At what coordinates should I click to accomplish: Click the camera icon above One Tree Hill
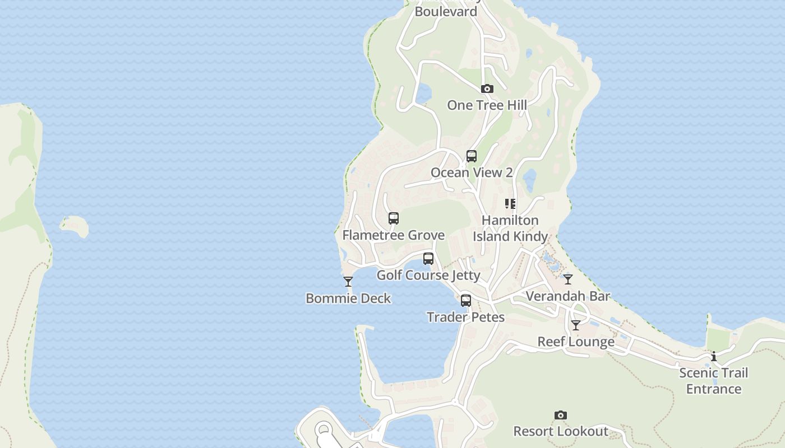pyautogui.click(x=487, y=88)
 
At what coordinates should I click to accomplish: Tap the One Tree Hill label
pyautogui.click(x=487, y=105)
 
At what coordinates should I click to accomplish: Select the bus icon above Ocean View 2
pyautogui.click(x=472, y=156)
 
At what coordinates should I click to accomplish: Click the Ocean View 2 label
pyautogui.click(x=472, y=172)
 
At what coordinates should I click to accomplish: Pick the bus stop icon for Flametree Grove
pyautogui.click(x=394, y=218)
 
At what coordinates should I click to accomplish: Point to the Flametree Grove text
pyautogui.click(x=394, y=235)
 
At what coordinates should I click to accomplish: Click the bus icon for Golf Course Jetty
pyautogui.click(x=428, y=259)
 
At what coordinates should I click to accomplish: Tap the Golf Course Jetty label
pyautogui.click(x=428, y=275)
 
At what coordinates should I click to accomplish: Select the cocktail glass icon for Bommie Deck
pyautogui.click(x=348, y=282)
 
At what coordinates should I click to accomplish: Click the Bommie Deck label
pyautogui.click(x=348, y=298)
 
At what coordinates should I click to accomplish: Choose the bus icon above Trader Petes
pyautogui.click(x=466, y=301)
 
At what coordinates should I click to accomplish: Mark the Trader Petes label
pyautogui.click(x=466, y=318)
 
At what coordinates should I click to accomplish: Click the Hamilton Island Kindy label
pyautogui.click(x=510, y=228)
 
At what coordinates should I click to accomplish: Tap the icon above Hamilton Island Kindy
pyautogui.click(x=510, y=204)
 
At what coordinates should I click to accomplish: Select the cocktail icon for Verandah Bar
pyautogui.click(x=568, y=279)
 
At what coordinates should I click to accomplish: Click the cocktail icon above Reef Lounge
pyautogui.click(x=576, y=325)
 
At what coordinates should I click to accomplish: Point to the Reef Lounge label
pyautogui.click(x=576, y=342)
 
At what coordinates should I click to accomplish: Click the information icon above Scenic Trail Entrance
pyautogui.click(x=714, y=356)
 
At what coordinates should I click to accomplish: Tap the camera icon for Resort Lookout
pyautogui.click(x=561, y=415)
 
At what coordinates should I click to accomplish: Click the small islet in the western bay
pyautogui.click(x=75, y=226)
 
